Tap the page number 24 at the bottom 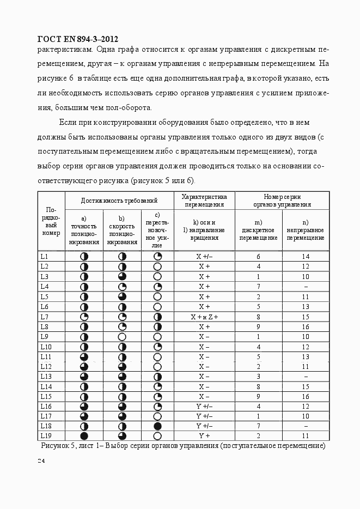pos(41,461)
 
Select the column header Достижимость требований pos(119,200)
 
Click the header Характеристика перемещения pos(204,200)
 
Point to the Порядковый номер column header pos(51,221)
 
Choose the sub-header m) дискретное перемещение pos(259,230)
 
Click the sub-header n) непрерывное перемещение pos(306,230)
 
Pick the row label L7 pos(45,317)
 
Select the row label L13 pos(46,377)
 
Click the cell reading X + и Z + pos(204,317)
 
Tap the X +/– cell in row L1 pos(204,256)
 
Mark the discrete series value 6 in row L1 pos(259,256)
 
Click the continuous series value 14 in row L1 pos(306,256)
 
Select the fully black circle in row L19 pos(84,436)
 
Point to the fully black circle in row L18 pos(157,426)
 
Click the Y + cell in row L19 pos(204,436)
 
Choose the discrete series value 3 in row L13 pos(259,377)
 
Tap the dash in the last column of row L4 pos(306,287)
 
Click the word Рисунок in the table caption pos(55,446)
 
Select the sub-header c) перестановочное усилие pos(157,230)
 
